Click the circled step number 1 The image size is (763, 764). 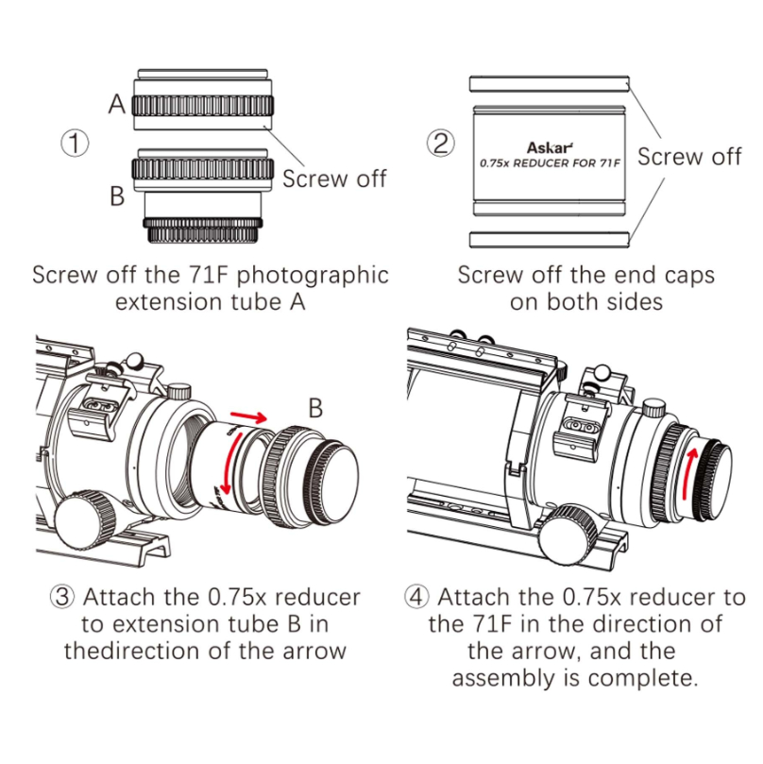(76, 144)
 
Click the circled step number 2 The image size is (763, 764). (439, 144)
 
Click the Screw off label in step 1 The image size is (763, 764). (334, 178)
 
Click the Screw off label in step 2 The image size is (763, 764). (689, 157)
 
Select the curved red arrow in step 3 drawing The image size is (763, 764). (223, 470)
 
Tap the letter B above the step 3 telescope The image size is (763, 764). (316, 408)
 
